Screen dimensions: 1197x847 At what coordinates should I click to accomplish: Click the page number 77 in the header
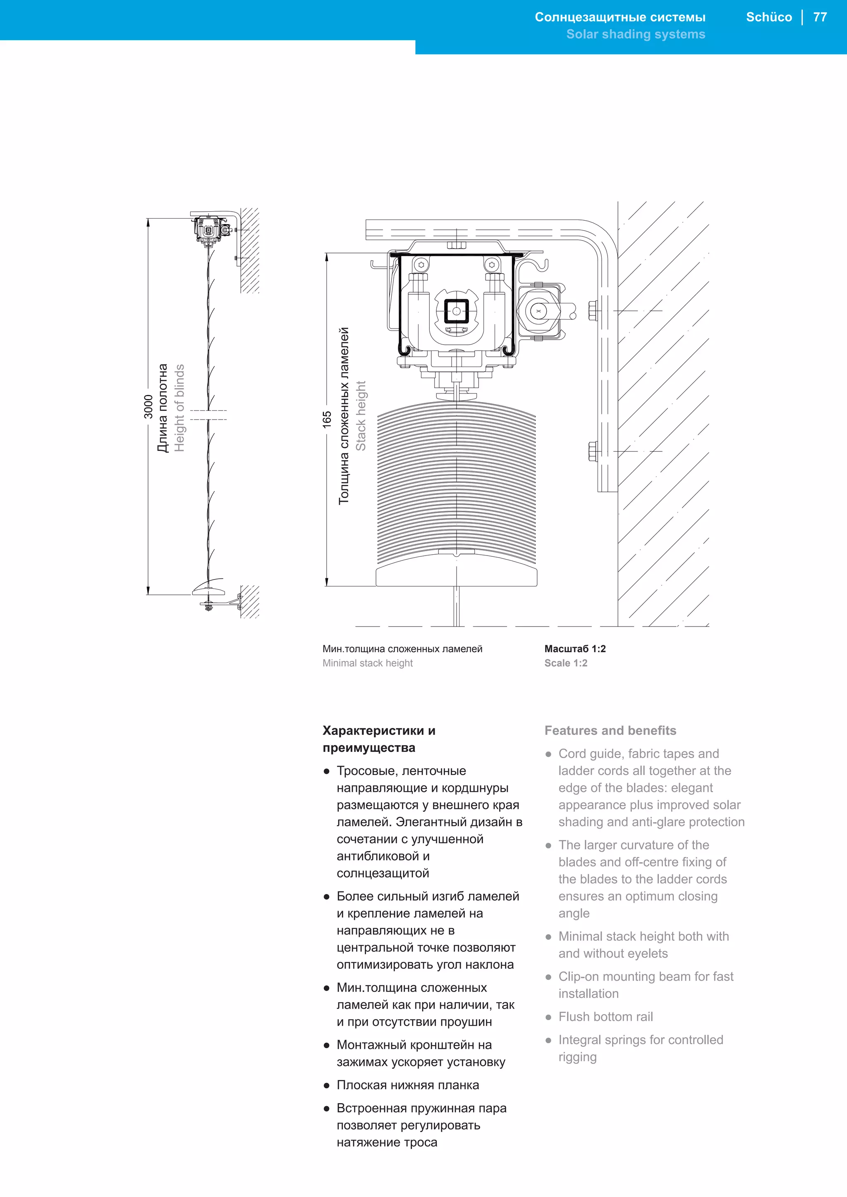[820, 17]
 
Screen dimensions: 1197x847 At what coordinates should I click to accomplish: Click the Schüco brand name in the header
[769, 17]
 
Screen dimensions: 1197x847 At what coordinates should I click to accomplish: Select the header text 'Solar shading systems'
[635, 34]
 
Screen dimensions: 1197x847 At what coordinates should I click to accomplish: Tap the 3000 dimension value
[148, 406]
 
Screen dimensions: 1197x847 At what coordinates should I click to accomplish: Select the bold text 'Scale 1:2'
[565, 663]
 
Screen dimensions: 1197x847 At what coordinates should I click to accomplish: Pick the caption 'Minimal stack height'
[367, 663]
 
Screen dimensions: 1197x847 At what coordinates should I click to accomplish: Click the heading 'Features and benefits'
[610, 730]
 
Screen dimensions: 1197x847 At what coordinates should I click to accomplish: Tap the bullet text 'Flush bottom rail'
[605, 1017]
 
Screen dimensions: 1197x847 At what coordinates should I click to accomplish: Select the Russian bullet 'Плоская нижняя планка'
[407, 1085]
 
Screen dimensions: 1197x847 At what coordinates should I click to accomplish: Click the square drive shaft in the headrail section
[456, 312]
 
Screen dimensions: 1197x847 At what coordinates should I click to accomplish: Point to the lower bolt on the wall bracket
[593, 451]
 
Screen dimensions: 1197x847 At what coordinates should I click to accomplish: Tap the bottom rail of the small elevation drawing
[208, 591]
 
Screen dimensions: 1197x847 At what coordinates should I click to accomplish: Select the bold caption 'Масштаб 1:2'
[575, 649]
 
